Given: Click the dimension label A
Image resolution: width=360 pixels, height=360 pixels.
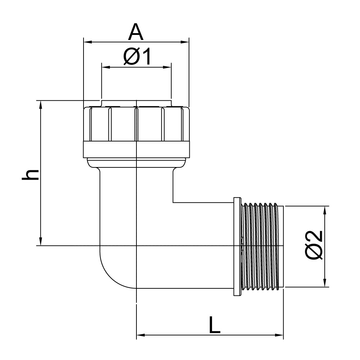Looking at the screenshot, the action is tap(136, 32).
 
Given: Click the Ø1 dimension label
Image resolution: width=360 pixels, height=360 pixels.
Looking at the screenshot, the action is tap(137, 57).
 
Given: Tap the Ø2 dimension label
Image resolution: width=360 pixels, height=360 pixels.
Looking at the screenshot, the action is tap(314, 245).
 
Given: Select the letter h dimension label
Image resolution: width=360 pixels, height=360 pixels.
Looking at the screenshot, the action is tap(30, 175).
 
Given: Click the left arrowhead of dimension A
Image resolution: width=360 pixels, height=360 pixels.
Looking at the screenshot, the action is tap(87, 42).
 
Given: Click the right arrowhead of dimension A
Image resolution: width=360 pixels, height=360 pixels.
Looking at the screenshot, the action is tap(185, 42).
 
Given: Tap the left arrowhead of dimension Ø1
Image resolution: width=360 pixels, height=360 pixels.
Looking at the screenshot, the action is tap(105, 67).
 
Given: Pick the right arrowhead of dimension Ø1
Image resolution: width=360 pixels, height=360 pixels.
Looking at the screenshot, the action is tap(167, 67).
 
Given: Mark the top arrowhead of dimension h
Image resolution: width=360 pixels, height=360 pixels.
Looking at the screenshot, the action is tap(41, 104).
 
